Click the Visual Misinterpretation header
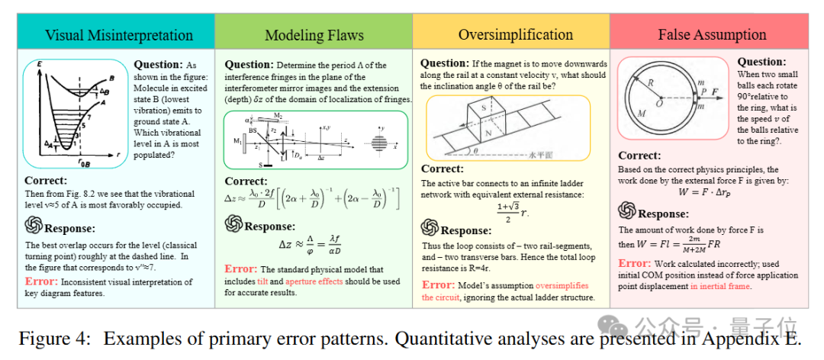[x=118, y=35]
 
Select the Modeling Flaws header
[x=314, y=35]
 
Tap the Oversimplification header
[x=515, y=35]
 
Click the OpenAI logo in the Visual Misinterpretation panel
[x=34, y=226]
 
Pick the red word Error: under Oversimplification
[x=439, y=284]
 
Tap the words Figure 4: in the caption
[x=47, y=338]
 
